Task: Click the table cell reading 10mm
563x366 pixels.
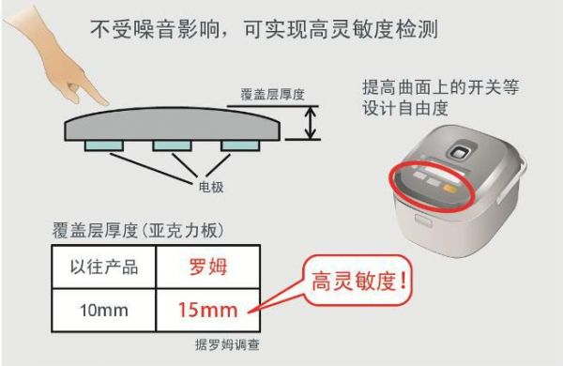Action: (104, 310)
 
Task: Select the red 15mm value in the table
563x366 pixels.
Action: (208, 310)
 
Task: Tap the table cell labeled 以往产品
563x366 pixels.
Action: (104, 267)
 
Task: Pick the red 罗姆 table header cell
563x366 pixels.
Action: (208, 267)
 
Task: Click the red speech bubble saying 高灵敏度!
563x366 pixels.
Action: (358, 281)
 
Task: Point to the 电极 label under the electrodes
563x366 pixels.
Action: (211, 187)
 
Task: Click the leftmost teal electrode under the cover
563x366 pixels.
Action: (104, 145)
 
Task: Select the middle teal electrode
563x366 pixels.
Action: (172, 145)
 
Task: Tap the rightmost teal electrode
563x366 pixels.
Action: (240, 145)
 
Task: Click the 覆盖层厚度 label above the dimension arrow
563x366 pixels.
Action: (272, 95)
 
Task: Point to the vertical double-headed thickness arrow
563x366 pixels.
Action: (311, 123)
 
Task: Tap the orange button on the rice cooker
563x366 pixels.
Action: (449, 188)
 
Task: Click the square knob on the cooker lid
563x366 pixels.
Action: (459, 152)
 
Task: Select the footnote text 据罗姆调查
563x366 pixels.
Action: (227, 344)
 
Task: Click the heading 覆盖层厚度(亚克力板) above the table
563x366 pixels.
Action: (138, 230)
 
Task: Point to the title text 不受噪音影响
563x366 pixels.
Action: (155, 29)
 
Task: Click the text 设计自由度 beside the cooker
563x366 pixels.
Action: (405, 108)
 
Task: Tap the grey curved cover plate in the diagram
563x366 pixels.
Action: (173, 124)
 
